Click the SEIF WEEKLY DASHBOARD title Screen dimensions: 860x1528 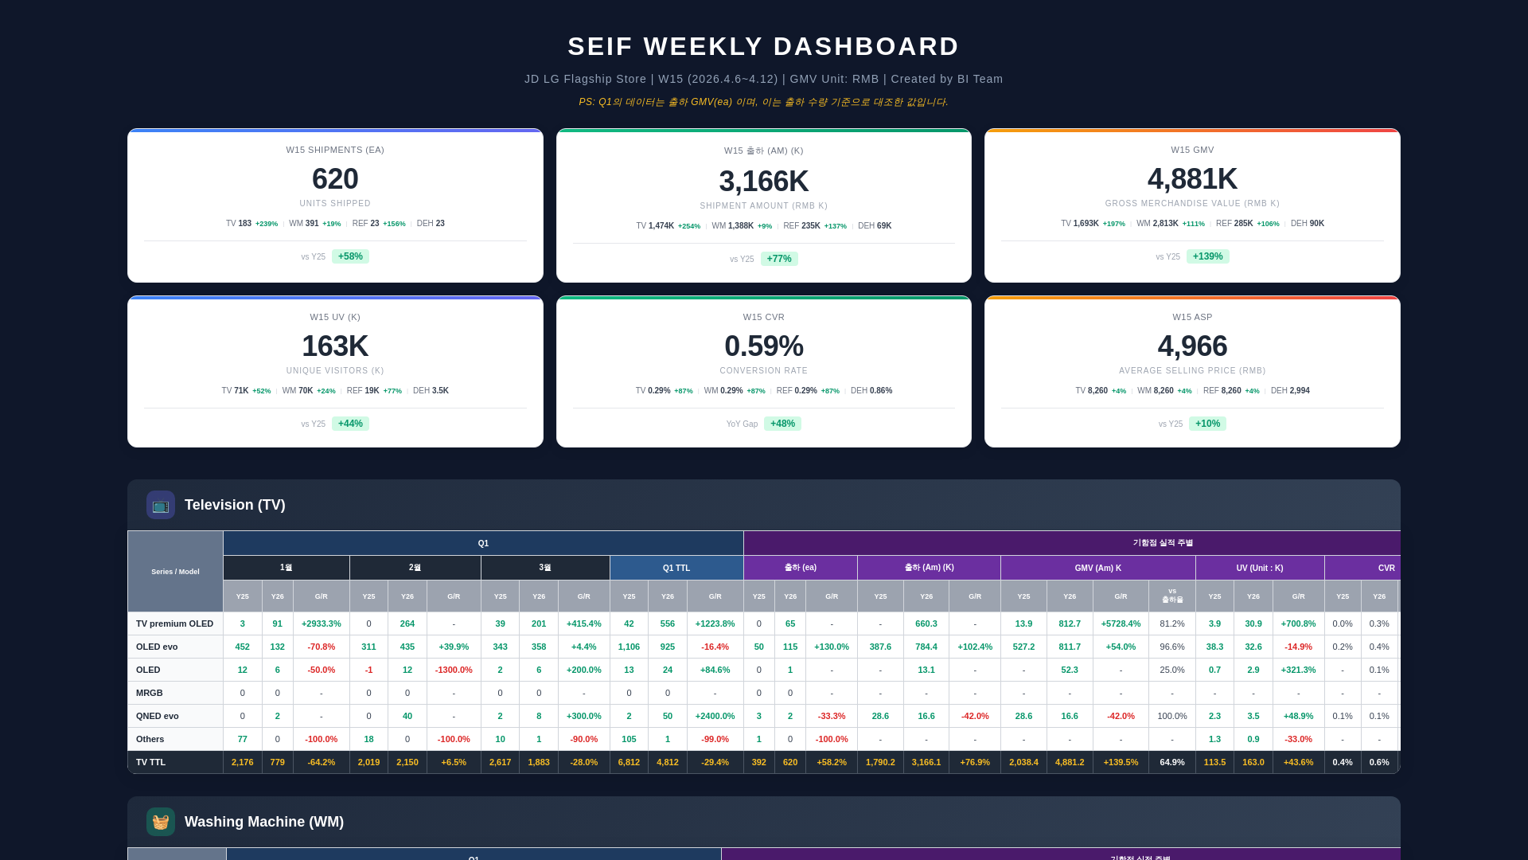pos(763,46)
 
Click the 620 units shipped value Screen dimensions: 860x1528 pos(335,179)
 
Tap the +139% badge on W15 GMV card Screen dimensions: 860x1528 pos(1207,256)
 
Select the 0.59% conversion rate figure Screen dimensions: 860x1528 pos(763,346)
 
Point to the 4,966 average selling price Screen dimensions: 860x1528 pos(1192,346)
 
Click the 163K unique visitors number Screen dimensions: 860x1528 pos(335,346)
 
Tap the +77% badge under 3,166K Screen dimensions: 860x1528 pos(779,259)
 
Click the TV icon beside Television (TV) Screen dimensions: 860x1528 pos(161,505)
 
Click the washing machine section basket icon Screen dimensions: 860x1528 pos(161,822)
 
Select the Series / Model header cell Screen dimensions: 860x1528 pos(175,572)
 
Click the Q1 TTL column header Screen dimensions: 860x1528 pos(676,568)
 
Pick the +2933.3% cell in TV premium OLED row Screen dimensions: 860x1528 pos(322,623)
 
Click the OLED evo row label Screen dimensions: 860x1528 pos(157,647)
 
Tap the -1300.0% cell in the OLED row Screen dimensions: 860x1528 pos(454,670)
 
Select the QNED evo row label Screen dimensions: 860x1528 pos(158,716)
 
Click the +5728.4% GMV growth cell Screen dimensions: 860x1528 pos(1121,623)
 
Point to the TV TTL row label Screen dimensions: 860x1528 pos(151,762)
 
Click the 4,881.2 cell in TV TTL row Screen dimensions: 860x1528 pos(1070,762)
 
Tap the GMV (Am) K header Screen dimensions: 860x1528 pos(1097,568)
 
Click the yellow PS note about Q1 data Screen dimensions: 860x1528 pos(763,102)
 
